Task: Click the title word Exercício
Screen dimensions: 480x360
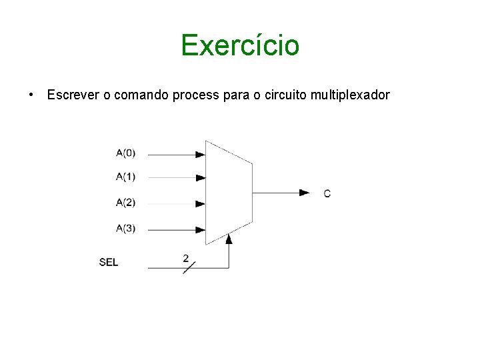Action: click(x=240, y=45)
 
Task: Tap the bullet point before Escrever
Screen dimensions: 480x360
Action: click(x=31, y=95)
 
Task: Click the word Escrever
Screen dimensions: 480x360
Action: click(x=73, y=95)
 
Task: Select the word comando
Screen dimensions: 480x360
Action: click(x=142, y=95)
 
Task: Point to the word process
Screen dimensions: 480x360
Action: click(x=195, y=95)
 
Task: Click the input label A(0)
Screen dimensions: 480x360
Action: click(x=125, y=153)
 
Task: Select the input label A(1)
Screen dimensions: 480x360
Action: click(x=125, y=177)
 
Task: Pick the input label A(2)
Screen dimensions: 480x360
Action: click(x=125, y=203)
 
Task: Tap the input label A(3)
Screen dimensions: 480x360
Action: click(x=125, y=229)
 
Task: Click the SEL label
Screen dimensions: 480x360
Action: click(x=109, y=262)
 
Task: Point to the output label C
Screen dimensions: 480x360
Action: click(x=327, y=193)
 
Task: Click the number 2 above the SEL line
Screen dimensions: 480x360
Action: click(x=185, y=257)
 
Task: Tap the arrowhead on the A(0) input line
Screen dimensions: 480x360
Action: click(x=200, y=154)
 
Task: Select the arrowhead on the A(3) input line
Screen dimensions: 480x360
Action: click(x=200, y=229)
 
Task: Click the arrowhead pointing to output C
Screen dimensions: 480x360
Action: click(x=305, y=193)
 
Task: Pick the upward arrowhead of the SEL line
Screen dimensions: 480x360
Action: click(x=229, y=238)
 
